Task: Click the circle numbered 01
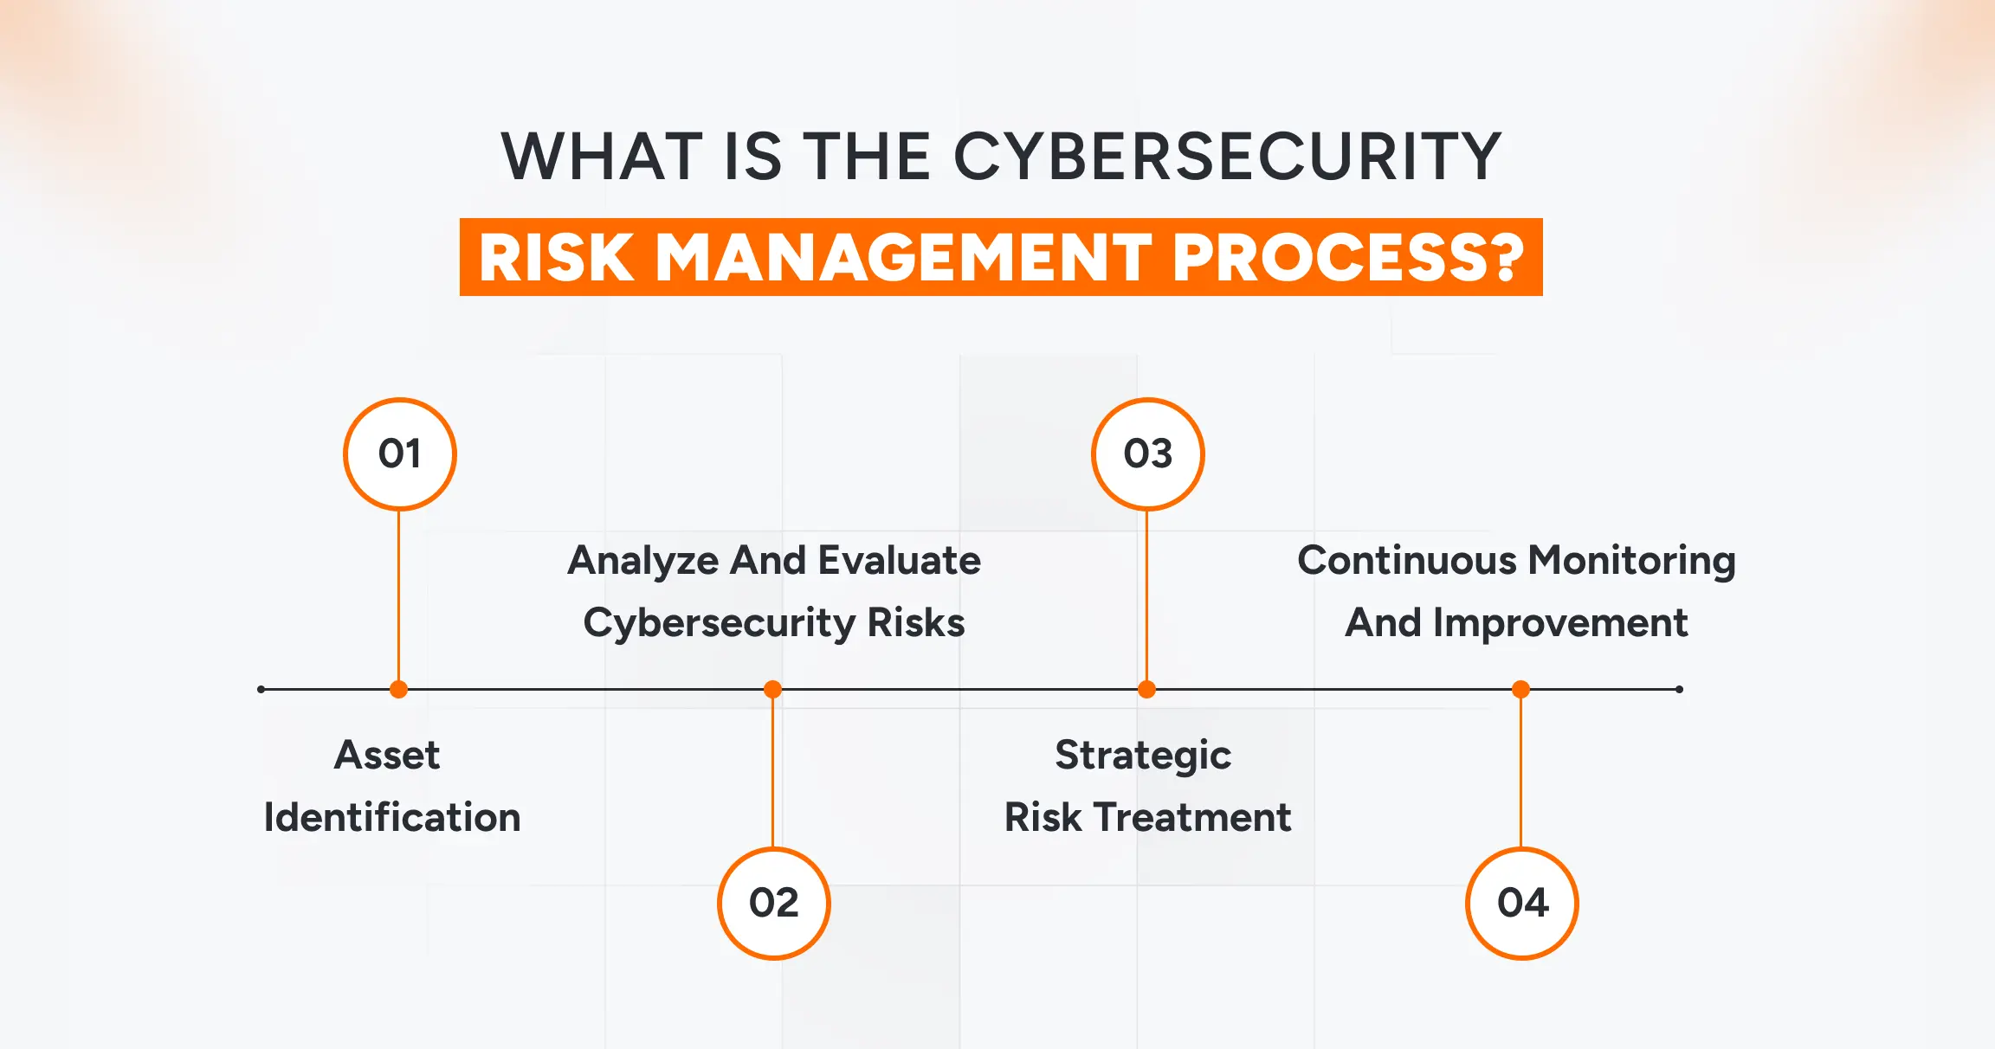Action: pyautogui.click(x=399, y=454)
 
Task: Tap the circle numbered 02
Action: pyautogui.click(x=773, y=903)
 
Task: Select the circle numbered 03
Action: pyautogui.click(x=1147, y=454)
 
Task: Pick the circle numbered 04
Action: pyautogui.click(x=1521, y=903)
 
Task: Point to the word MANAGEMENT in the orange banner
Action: pyautogui.click(x=904, y=258)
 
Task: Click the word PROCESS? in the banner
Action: pyautogui.click(x=1347, y=258)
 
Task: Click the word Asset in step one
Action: pyautogui.click(x=387, y=755)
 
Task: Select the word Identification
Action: pyautogui.click(x=391, y=817)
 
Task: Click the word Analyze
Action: pyautogui.click(x=642, y=561)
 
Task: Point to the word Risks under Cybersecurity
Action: pyautogui.click(x=915, y=622)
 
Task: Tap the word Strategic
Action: pyautogui.click(x=1143, y=755)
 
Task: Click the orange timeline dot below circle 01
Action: pyautogui.click(x=398, y=690)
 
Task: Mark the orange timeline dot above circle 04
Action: pyautogui.click(x=1520, y=690)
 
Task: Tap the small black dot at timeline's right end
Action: pyautogui.click(x=1679, y=690)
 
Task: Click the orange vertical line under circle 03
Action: pyautogui.click(x=1146, y=597)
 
